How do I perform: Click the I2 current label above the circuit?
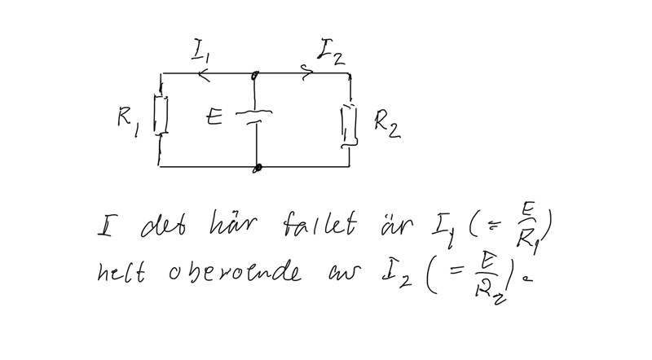coord(330,53)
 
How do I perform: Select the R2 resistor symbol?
coord(350,124)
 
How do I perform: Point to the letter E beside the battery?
coord(214,118)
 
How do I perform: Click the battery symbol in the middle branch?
coord(255,116)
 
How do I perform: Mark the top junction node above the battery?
coord(255,75)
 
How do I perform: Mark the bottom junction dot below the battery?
coord(258,168)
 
